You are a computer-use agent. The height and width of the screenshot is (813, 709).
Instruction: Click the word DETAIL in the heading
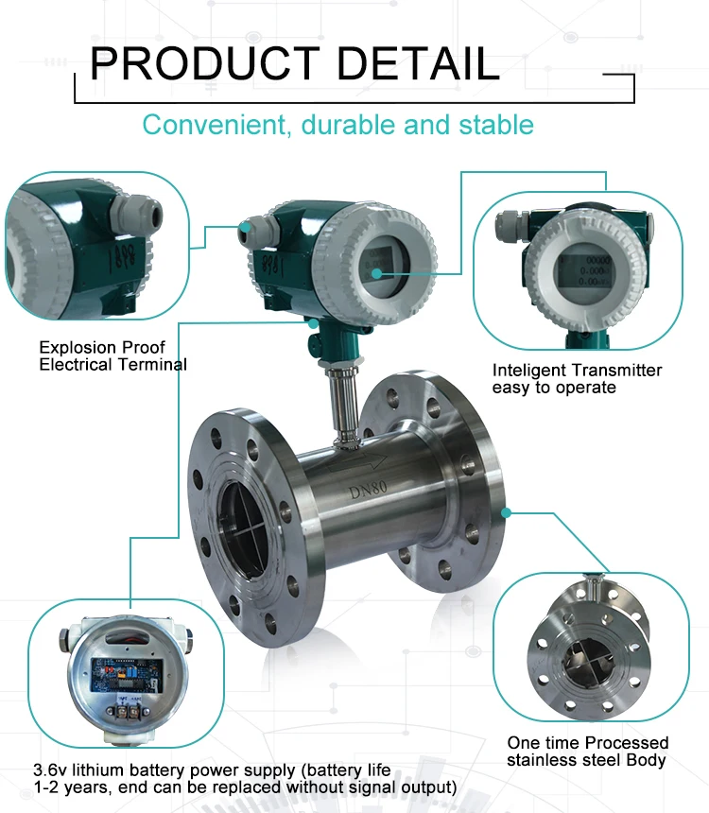tap(418, 63)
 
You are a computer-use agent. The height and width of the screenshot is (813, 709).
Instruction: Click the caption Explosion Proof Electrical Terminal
tap(112, 355)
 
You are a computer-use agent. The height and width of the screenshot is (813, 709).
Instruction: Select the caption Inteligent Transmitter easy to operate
tap(577, 378)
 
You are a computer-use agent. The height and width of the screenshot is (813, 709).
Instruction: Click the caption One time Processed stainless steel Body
tap(587, 751)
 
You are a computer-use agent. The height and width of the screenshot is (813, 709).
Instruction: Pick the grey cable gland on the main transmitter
tap(251, 230)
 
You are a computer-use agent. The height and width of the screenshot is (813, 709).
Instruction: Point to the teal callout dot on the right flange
tap(507, 513)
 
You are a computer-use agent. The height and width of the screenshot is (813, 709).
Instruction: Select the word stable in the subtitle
tap(492, 125)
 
